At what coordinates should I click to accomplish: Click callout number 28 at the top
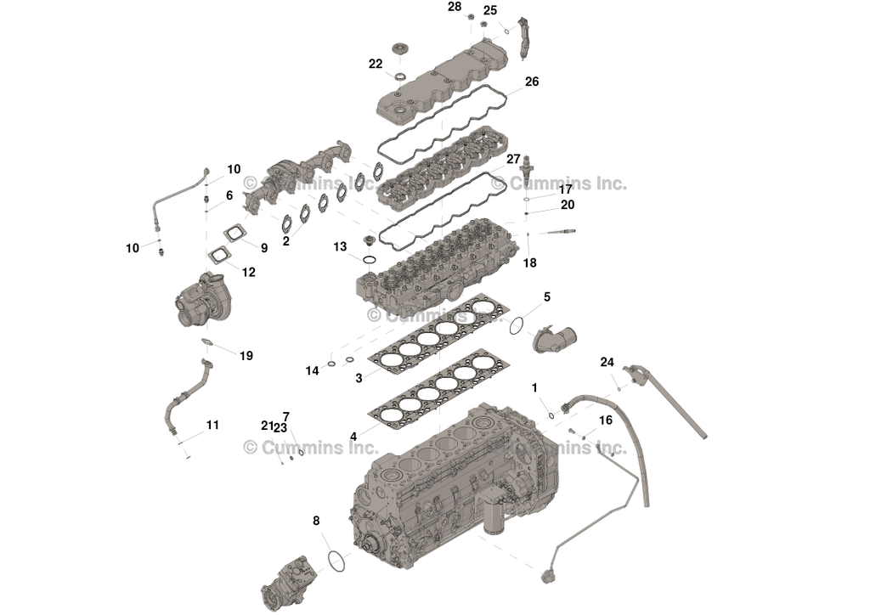[455, 7]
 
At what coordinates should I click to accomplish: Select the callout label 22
[376, 64]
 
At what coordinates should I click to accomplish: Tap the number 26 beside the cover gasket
[532, 82]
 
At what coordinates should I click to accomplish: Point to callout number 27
[513, 159]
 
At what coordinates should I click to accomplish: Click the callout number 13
[340, 247]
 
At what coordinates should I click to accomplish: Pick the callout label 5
[547, 296]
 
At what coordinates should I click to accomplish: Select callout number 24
[607, 362]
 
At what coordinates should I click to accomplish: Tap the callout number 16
[606, 420]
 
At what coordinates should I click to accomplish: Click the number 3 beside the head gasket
[359, 377]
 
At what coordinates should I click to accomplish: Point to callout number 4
[353, 436]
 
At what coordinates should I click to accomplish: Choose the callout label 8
[316, 520]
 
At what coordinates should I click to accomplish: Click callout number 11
[212, 425]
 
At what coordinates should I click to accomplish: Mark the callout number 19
[246, 356]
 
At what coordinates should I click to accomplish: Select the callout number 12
[248, 273]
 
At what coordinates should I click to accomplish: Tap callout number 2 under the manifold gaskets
[286, 241]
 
